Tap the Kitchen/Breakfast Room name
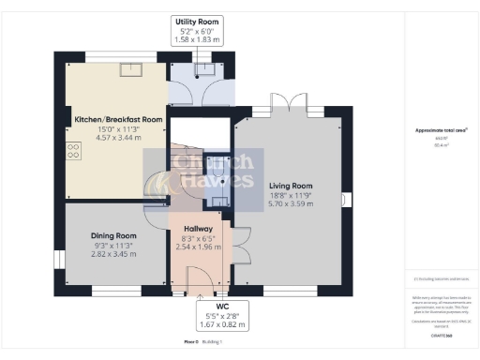(119, 120)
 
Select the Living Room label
(289, 186)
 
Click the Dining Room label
(113, 235)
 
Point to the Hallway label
(198, 229)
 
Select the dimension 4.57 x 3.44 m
(119, 138)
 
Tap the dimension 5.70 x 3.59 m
(289, 203)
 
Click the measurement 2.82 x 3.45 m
(113, 253)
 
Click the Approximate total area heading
(441, 130)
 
